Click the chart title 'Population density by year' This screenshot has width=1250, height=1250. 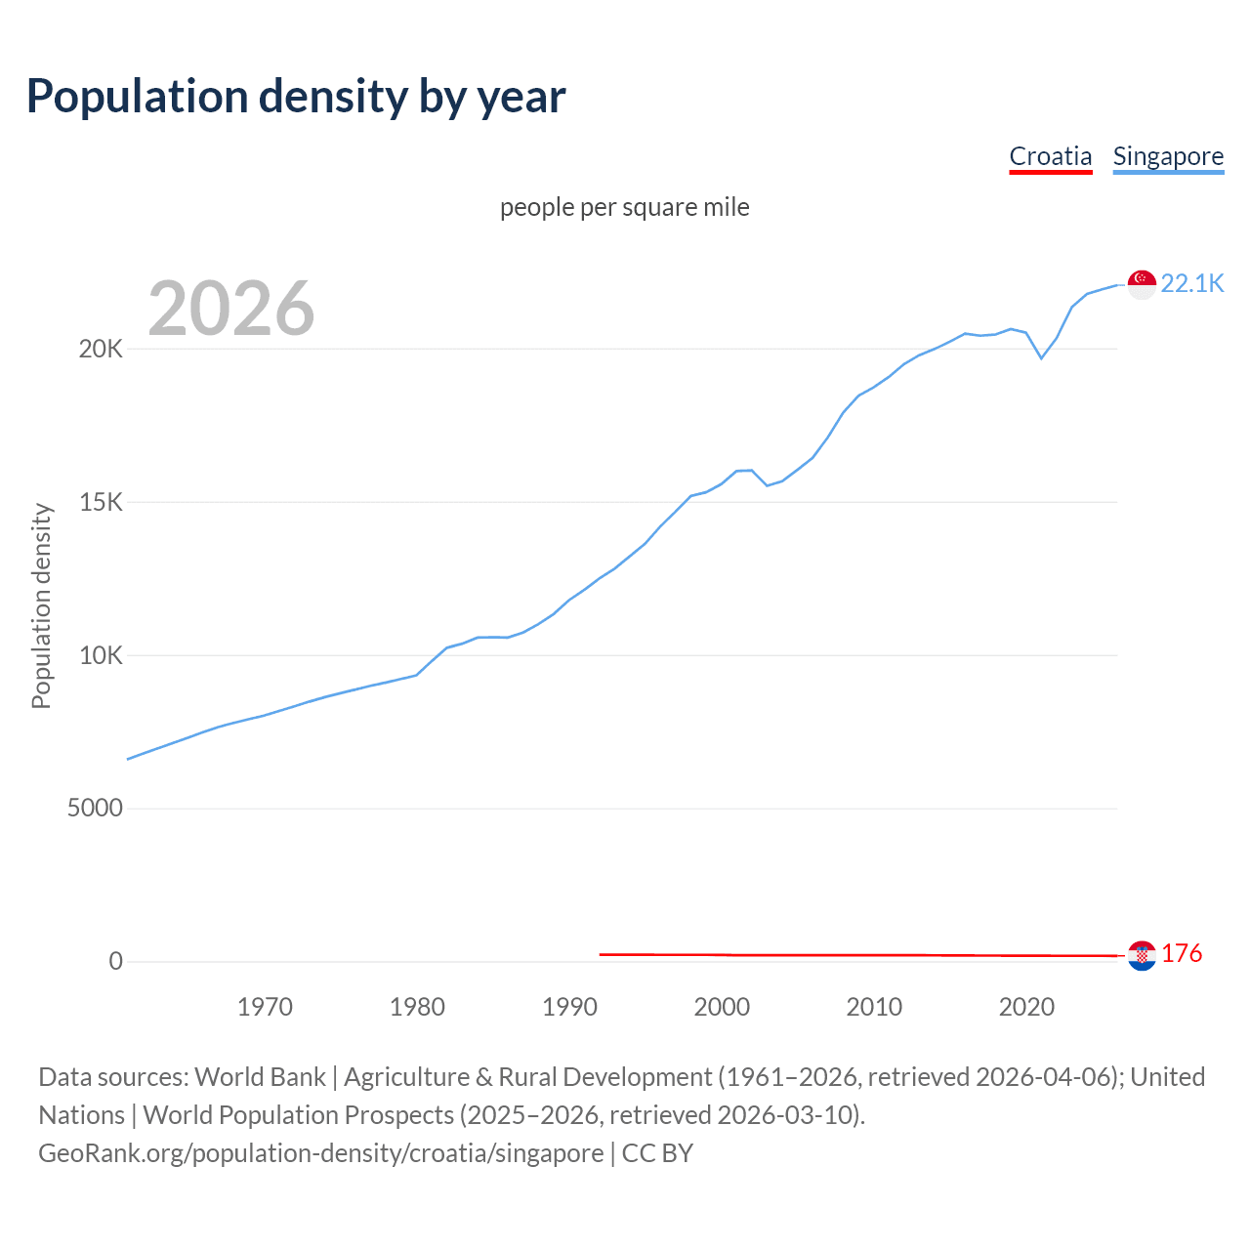(x=296, y=97)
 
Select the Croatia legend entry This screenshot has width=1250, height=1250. (x=1050, y=156)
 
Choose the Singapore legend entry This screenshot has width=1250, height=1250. (x=1168, y=156)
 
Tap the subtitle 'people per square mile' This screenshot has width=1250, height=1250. (x=624, y=208)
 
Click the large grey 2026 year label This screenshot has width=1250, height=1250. (x=231, y=309)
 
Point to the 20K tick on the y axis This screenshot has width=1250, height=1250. (x=101, y=350)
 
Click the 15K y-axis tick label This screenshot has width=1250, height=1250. (x=101, y=503)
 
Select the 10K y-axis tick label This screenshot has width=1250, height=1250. (x=101, y=655)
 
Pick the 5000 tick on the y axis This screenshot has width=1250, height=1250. (x=95, y=809)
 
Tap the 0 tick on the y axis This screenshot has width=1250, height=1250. (x=116, y=962)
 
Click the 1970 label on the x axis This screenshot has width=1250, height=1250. (x=265, y=1007)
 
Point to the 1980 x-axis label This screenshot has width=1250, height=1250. (x=417, y=1007)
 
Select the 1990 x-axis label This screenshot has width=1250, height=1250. (x=569, y=1007)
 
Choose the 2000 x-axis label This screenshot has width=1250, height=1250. (x=722, y=1007)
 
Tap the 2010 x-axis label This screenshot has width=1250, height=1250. (x=874, y=1007)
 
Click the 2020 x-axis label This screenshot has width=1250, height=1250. (x=1026, y=1007)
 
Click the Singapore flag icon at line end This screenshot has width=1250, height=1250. (x=1142, y=284)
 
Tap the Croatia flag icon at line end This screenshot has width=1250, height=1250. (x=1142, y=955)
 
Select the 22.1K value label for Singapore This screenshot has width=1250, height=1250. (x=1191, y=284)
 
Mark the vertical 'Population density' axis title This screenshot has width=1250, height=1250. (x=41, y=605)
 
